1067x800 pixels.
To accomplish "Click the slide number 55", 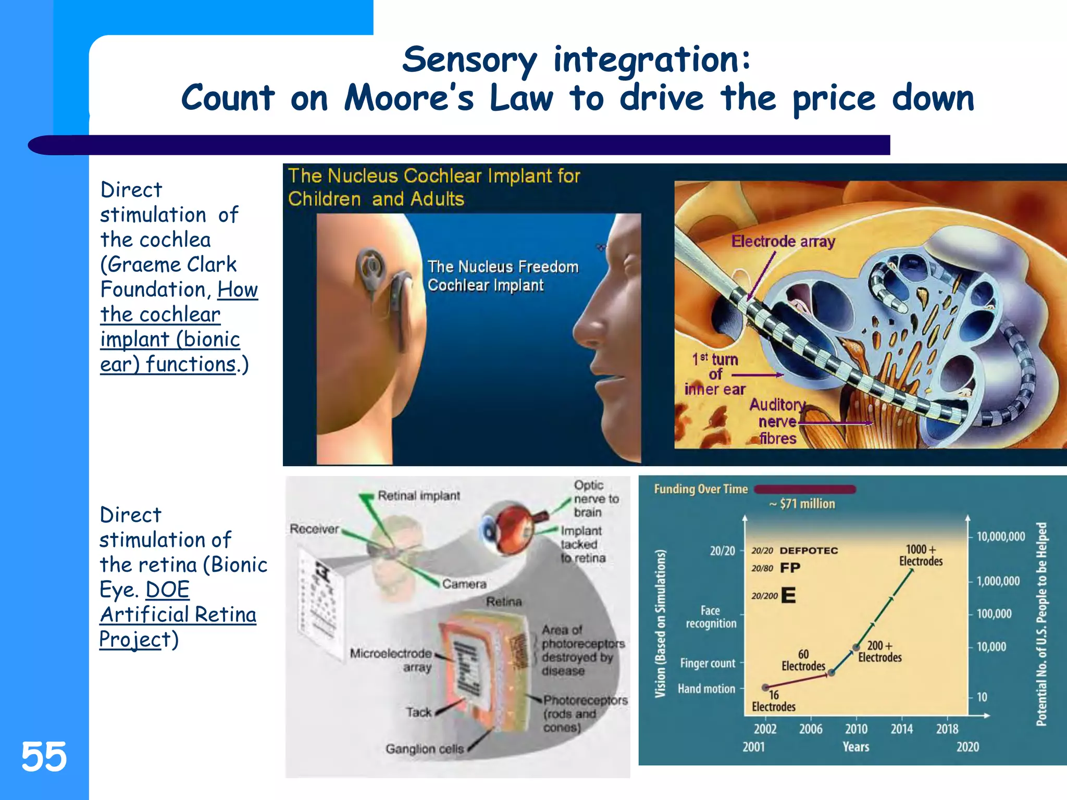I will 44,756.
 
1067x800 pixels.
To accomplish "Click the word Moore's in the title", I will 409,98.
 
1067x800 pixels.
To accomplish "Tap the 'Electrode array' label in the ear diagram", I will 783,241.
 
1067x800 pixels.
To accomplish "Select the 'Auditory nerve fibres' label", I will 777,421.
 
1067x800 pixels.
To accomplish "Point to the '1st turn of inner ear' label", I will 715,374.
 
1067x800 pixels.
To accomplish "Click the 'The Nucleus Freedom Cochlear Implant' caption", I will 502,276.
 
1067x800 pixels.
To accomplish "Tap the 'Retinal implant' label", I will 418,496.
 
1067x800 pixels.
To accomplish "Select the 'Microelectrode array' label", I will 391,660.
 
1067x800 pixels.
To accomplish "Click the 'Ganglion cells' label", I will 424,749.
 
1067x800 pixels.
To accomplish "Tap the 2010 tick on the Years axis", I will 856,729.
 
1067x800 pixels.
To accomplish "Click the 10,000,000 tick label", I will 1000,536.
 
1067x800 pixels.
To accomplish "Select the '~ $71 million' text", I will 802,504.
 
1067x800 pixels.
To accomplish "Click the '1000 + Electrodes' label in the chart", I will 921,555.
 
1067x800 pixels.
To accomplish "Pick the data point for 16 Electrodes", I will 765,687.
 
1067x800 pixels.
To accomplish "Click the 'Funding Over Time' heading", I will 700,489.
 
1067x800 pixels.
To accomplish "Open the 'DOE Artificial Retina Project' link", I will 177,615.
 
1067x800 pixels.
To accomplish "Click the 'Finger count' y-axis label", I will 707,663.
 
